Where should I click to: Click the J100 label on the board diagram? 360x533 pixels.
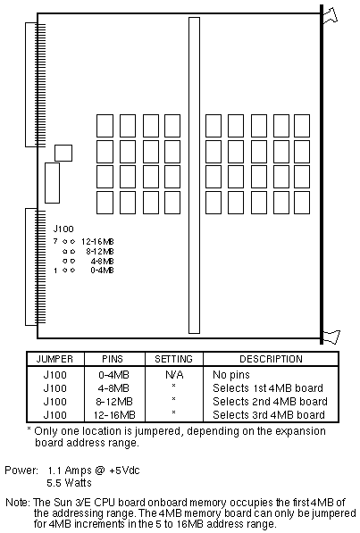point(63,229)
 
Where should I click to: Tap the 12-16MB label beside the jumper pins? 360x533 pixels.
point(97,242)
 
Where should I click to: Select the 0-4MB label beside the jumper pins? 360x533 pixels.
point(102,271)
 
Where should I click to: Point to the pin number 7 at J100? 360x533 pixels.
point(55,241)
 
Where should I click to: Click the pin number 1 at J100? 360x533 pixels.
point(55,271)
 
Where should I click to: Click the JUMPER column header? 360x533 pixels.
point(54,359)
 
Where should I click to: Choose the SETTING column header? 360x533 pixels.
point(173,359)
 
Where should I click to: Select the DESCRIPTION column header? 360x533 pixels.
point(271,359)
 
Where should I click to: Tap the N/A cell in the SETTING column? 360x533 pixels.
point(174,375)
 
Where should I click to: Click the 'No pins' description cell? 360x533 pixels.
point(231,375)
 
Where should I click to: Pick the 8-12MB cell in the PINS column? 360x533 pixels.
point(114,402)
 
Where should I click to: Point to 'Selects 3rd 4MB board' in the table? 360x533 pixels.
point(269,415)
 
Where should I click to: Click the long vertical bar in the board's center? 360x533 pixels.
point(194,175)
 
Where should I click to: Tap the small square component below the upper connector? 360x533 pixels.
point(63,153)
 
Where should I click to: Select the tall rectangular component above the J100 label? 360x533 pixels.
point(52,183)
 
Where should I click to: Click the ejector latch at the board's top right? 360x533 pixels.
point(330,15)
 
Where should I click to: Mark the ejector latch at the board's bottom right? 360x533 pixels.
point(331,337)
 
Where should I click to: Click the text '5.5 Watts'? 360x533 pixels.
point(69,483)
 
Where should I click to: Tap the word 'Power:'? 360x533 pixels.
point(21,471)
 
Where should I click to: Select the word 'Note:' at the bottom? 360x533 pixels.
point(19,503)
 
